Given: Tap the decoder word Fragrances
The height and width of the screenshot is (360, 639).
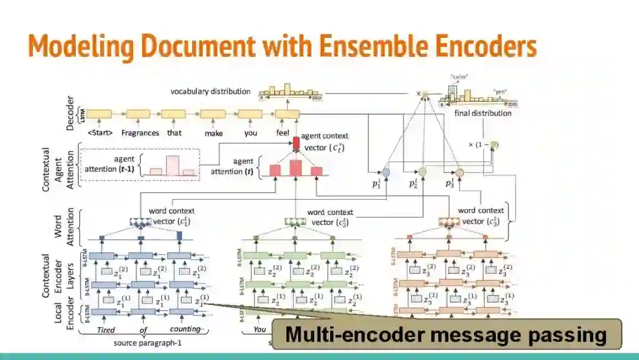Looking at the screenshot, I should click(140, 133).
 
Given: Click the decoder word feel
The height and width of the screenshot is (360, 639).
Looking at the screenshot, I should click(283, 133).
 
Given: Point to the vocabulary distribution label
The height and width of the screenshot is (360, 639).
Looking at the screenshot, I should click(210, 92).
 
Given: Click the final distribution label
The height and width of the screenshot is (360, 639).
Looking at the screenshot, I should click(483, 113).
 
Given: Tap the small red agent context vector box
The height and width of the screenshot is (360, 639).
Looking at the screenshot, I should click(297, 143).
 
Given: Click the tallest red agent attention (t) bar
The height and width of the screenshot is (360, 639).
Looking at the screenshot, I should click(296, 168).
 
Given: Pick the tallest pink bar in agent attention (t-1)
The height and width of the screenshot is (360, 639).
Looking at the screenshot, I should click(172, 165).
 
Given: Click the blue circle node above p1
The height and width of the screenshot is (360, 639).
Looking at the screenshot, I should click(386, 172).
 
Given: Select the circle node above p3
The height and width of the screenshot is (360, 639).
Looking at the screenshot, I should click(459, 172).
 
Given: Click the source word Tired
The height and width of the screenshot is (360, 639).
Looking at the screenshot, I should click(105, 329).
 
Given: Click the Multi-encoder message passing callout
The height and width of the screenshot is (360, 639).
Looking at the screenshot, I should click(446, 335).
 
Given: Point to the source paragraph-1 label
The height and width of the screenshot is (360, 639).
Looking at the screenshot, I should click(140, 343).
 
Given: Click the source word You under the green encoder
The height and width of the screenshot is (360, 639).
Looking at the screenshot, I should click(260, 329).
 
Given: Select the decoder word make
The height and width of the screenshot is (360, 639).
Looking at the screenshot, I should click(214, 133).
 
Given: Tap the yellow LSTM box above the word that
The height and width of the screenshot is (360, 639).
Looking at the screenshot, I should click(174, 114).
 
